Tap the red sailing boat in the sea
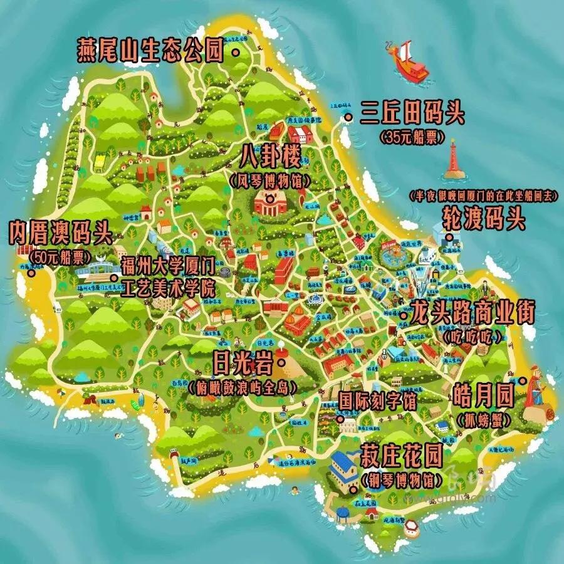(409, 61)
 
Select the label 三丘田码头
(412, 115)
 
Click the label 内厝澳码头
(60, 234)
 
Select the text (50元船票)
(61, 257)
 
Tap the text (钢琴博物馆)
(400, 481)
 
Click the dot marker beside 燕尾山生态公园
(236, 53)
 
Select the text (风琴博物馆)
(274, 182)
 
